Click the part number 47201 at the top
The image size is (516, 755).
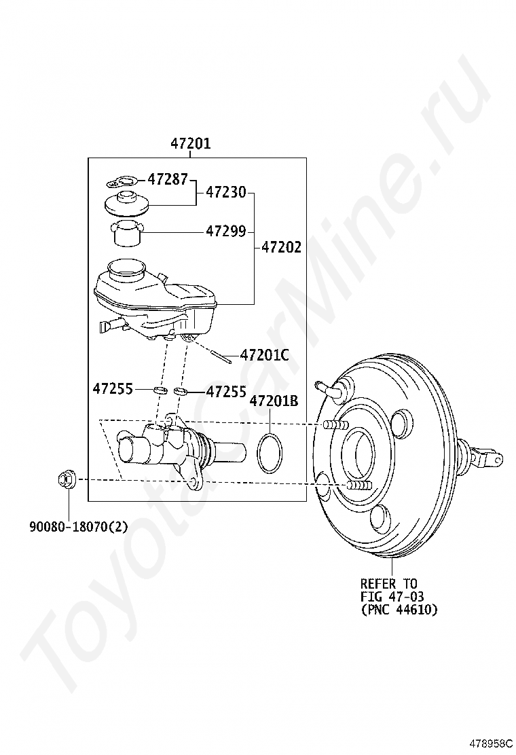coord(190,144)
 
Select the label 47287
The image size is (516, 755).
coord(168,180)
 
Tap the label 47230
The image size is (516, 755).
coord(225,192)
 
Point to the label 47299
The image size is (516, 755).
coord(225,231)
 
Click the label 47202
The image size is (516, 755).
coord(281,247)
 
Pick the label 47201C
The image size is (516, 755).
coord(265,354)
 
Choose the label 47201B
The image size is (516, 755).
coord(274,401)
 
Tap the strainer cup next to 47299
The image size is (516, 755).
coord(126,233)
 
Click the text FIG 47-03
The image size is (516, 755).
coord(393,597)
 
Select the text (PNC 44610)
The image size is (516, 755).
coord(399,610)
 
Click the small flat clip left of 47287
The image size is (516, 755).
coord(122,181)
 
